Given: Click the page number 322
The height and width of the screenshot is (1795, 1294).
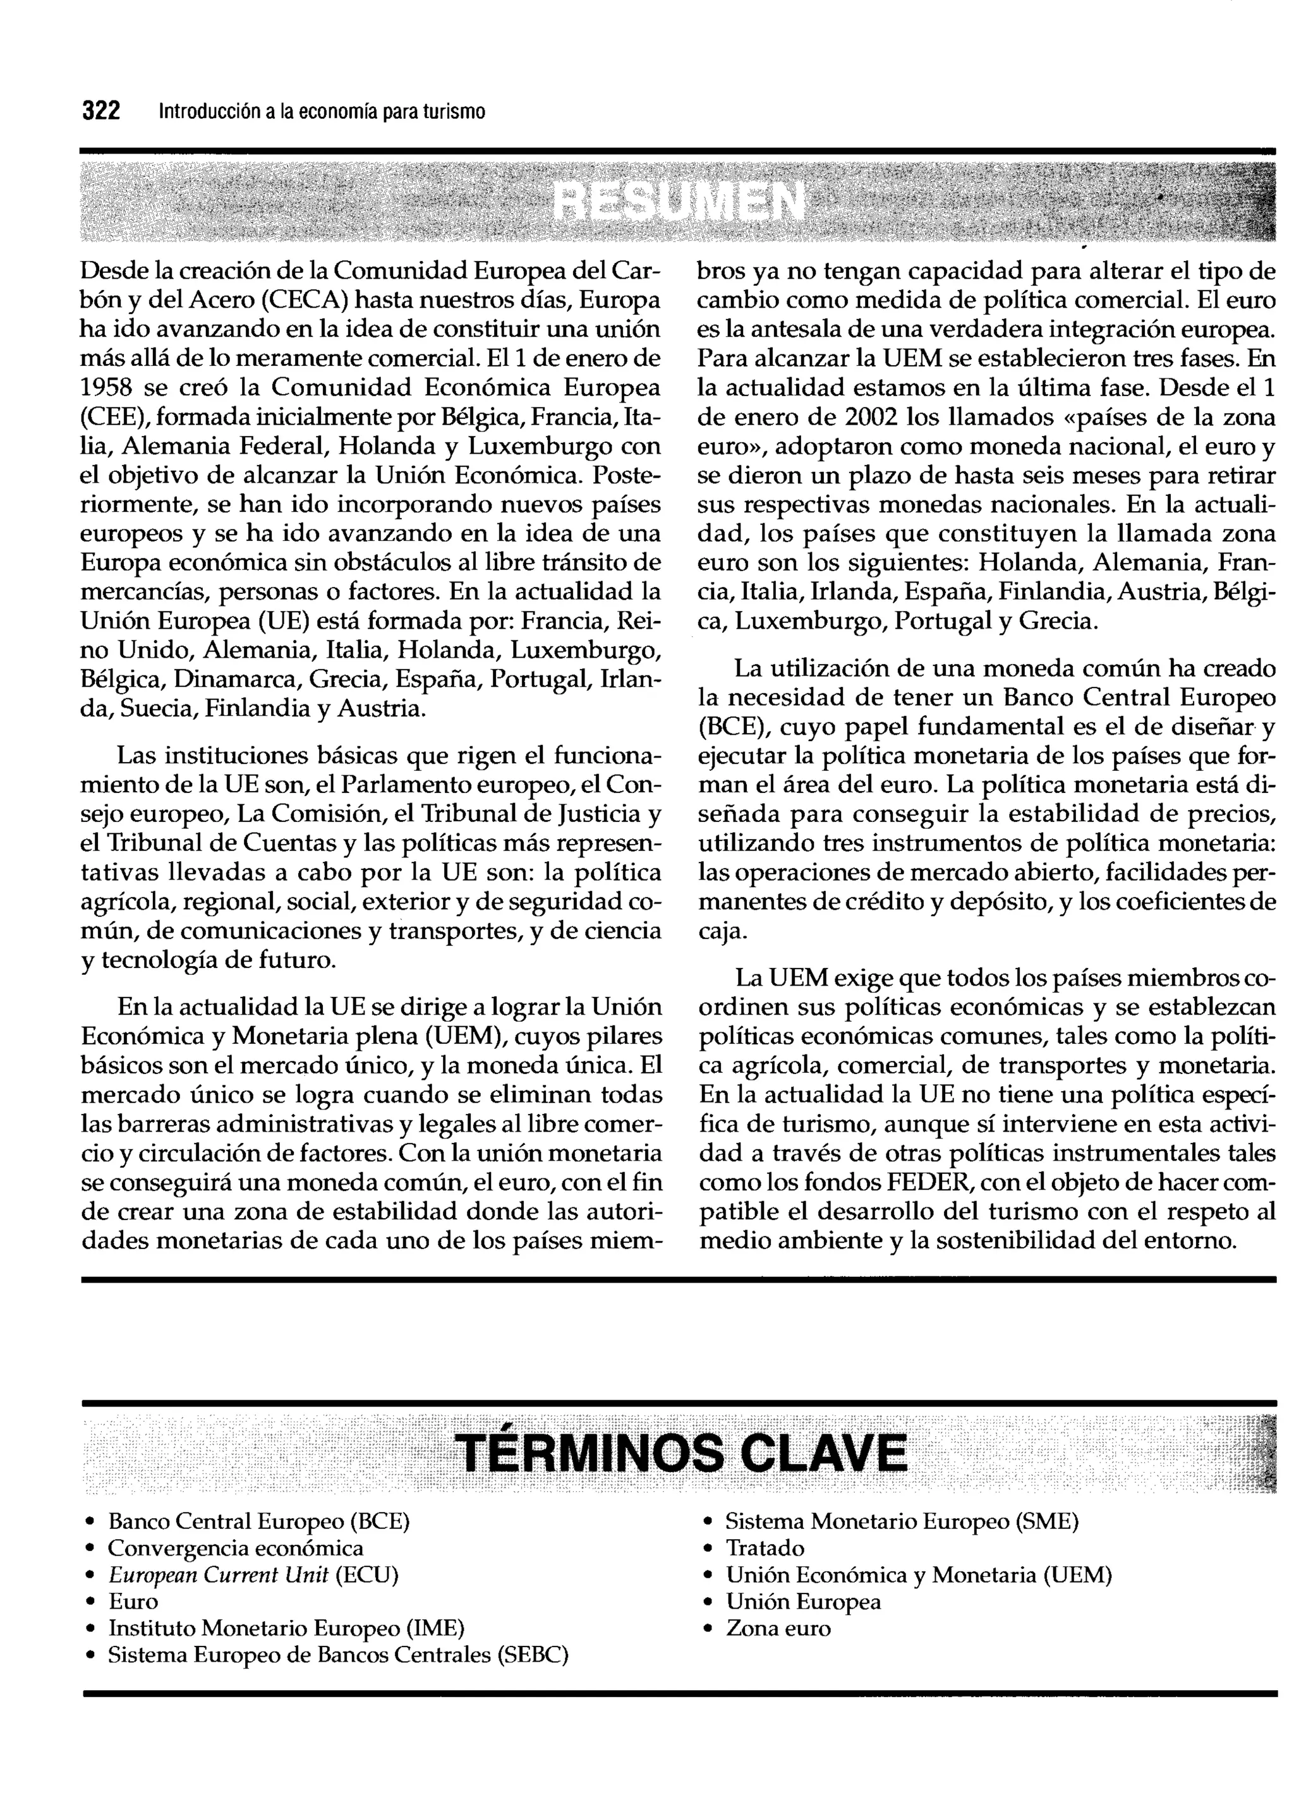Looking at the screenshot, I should [x=100, y=111].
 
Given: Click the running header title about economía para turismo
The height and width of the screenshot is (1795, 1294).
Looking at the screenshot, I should [x=322, y=112].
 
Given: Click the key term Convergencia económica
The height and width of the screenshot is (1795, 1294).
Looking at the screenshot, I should [x=236, y=1548].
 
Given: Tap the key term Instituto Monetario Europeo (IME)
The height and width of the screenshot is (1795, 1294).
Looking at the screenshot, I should [x=286, y=1628].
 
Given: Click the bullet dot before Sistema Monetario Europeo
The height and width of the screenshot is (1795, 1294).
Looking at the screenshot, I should [x=709, y=1522].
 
